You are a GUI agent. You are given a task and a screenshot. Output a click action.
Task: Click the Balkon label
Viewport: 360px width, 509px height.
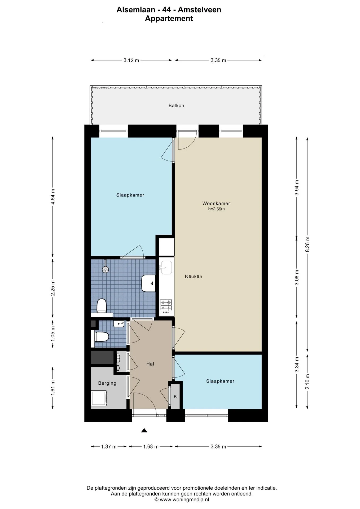click(x=176, y=106)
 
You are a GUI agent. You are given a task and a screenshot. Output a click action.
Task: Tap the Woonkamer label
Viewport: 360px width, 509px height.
click(x=216, y=203)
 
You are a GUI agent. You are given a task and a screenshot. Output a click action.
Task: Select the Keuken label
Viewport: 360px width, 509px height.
click(x=194, y=276)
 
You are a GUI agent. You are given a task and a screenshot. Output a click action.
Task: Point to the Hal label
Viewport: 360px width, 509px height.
click(x=150, y=364)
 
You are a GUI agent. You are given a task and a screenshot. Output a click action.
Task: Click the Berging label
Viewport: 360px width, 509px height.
click(x=107, y=383)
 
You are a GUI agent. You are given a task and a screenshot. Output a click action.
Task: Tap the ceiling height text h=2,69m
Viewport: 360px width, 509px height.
click(x=216, y=209)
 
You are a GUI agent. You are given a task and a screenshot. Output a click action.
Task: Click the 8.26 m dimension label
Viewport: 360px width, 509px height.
click(x=308, y=244)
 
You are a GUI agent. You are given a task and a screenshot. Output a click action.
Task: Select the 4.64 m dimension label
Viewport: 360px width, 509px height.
click(x=53, y=196)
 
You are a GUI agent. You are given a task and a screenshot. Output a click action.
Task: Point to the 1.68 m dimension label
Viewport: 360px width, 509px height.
click(x=151, y=446)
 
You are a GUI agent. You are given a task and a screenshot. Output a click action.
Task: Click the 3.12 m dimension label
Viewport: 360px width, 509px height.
click(x=131, y=60)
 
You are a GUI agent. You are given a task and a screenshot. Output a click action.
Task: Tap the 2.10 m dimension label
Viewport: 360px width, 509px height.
click(x=308, y=382)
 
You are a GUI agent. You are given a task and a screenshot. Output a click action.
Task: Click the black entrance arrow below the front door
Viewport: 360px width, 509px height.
click(x=144, y=430)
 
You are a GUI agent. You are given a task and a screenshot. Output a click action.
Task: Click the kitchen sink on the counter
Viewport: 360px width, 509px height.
click(x=166, y=268)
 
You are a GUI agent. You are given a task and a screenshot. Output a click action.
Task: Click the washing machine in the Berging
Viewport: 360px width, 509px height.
click(x=99, y=398)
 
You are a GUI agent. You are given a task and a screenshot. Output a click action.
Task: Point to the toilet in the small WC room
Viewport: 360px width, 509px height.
click(x=102, y=337)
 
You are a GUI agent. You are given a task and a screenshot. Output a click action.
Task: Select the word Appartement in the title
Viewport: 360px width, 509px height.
click(x=169, y=19)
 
